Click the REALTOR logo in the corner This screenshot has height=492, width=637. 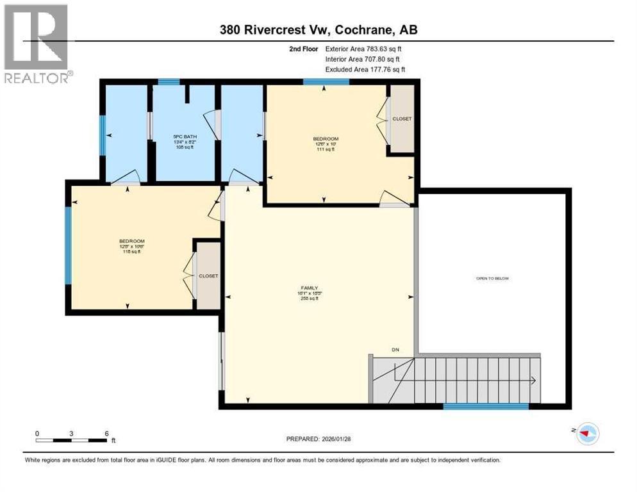[x=37, y=44]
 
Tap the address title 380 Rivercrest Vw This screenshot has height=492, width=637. [x=318, y=29]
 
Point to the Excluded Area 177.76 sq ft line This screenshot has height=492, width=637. [x=365, y=69]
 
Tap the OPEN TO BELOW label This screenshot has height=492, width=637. [x=492, y=279]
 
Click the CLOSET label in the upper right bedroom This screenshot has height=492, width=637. [x=402, y=119]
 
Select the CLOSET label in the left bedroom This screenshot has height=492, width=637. [x=208, y=276]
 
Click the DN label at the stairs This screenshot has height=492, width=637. [x=396, y=349]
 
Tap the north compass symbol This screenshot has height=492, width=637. [x=586, y=434]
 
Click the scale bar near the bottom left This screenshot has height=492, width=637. [x=72, y=440]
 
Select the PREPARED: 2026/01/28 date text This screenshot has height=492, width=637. [x=318, y=439]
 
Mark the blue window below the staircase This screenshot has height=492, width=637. [x=486, y=406]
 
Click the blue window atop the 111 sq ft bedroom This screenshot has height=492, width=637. [x=326, y=81]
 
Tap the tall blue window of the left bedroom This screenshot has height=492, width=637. [x=69, y=246]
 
